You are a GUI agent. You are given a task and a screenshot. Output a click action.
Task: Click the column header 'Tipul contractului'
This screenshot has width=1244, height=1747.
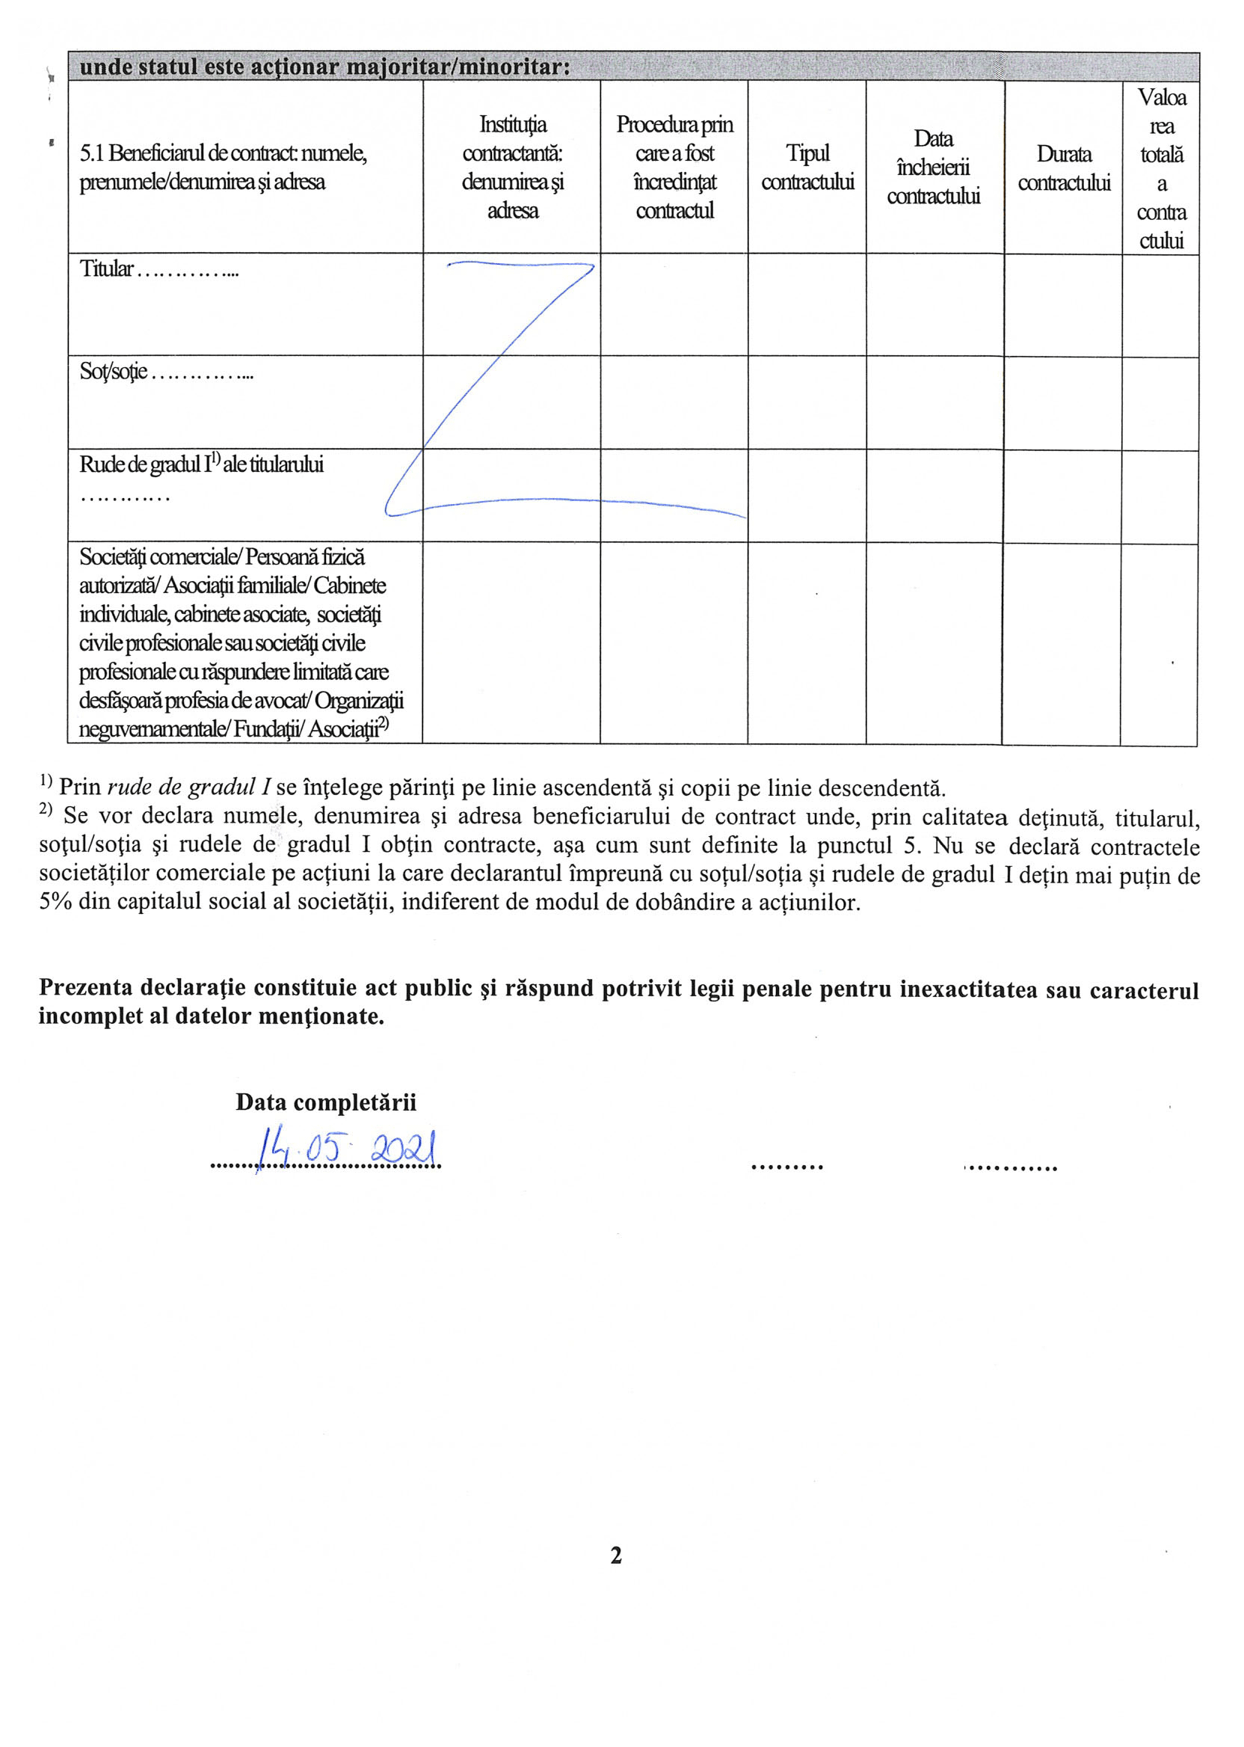click(807, 167)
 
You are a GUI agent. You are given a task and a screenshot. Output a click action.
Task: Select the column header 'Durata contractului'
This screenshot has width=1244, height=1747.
click(1063, 168)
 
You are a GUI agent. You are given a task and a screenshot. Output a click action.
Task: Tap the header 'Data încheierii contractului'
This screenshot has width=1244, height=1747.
click(933, 167)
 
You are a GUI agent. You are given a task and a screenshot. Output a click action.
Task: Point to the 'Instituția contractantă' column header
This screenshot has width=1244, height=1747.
click(511, 167)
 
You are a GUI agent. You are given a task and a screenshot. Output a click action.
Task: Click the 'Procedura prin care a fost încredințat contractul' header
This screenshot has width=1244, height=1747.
click(674, 167)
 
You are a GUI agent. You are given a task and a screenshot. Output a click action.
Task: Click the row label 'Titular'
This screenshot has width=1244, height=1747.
click(107, 269)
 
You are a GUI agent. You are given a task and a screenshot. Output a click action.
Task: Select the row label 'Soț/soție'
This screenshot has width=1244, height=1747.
click(114, 372)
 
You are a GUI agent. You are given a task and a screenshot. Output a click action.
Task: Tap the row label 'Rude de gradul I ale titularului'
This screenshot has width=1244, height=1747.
click(201, 464)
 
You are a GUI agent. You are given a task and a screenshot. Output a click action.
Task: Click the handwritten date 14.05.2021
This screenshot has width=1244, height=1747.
click(348, 1149)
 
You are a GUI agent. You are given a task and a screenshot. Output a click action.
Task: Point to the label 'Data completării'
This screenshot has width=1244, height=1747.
click(325, 1102)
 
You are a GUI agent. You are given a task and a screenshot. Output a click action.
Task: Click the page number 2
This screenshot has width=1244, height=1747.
click(616, 1555)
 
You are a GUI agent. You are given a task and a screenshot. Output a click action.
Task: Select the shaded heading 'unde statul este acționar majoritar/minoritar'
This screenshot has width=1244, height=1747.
click(324, 67)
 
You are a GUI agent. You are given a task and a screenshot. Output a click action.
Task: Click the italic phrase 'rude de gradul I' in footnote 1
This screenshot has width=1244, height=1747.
click(189, 787)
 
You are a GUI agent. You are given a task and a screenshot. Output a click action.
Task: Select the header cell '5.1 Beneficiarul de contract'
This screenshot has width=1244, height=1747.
click(224, 167)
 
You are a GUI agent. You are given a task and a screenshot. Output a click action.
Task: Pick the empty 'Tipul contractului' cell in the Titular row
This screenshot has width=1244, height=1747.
click(807, 304)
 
